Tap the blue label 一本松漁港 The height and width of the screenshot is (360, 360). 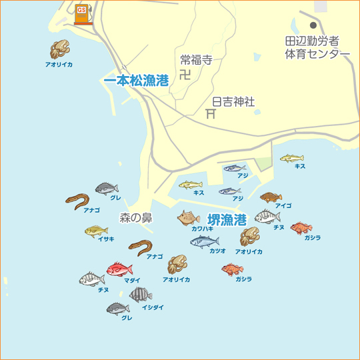pyautogui.click(x=136, y=80)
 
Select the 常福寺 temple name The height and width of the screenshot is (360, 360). pyautogui.click(x=196, y=59)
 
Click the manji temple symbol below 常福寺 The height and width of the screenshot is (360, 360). pyautogui.click(x=185, y=73)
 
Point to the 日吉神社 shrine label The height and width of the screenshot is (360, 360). pyautogui.click(x=233, y=102)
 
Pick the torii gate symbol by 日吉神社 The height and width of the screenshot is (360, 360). pyautogui.click(x=211, y=113)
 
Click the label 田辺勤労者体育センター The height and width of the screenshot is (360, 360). pyautogui.click(x=317, y=47)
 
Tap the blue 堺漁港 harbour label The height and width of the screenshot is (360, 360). pyautogui.click(x=227, y=219)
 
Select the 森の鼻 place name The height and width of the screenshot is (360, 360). pyautogui.click(x=136, y=217)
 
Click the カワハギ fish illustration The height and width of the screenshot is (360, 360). pyautogui.click(x=189, y=218)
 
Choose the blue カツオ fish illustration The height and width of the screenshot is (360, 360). pyautogui.click(x=204, y=241)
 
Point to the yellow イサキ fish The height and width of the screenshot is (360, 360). pyautogui.click(x=97, y=231)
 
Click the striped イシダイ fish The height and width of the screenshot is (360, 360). pyautogui.click(x=141, y=294)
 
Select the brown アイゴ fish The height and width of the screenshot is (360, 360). pyautogui.click(x=271, y=197)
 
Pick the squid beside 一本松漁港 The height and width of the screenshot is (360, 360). pyautogui.click(x=59, y=50)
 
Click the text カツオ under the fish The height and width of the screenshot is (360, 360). pyautogui.click(x=217, y=251)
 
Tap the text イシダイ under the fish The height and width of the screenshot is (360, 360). pyautogui.click(x=153, y=307)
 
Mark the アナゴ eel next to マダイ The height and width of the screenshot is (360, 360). pyautogui.click(x=141, y=247)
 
